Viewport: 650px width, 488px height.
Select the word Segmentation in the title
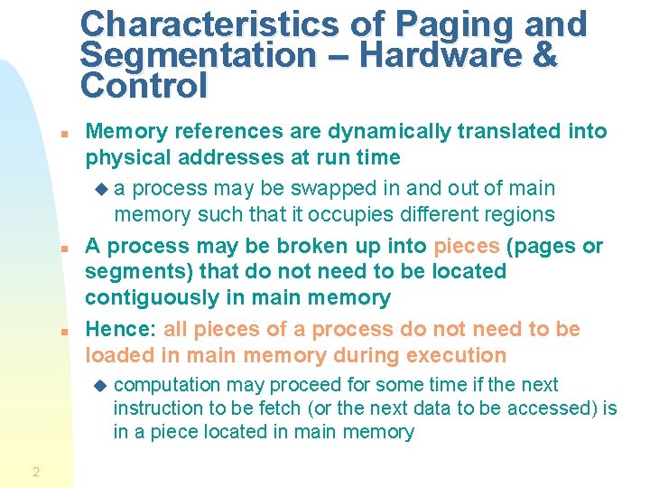coord(198,56)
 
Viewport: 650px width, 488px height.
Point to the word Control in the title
coord(144,87)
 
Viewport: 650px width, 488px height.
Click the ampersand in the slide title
coord(545,56)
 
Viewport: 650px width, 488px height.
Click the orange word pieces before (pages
coord(467,246)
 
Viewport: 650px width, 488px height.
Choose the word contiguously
coord(148,297)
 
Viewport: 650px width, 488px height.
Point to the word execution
coord(454,355)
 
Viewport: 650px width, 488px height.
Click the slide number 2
coord(35,471)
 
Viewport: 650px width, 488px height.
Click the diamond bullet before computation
coord(99,385)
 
